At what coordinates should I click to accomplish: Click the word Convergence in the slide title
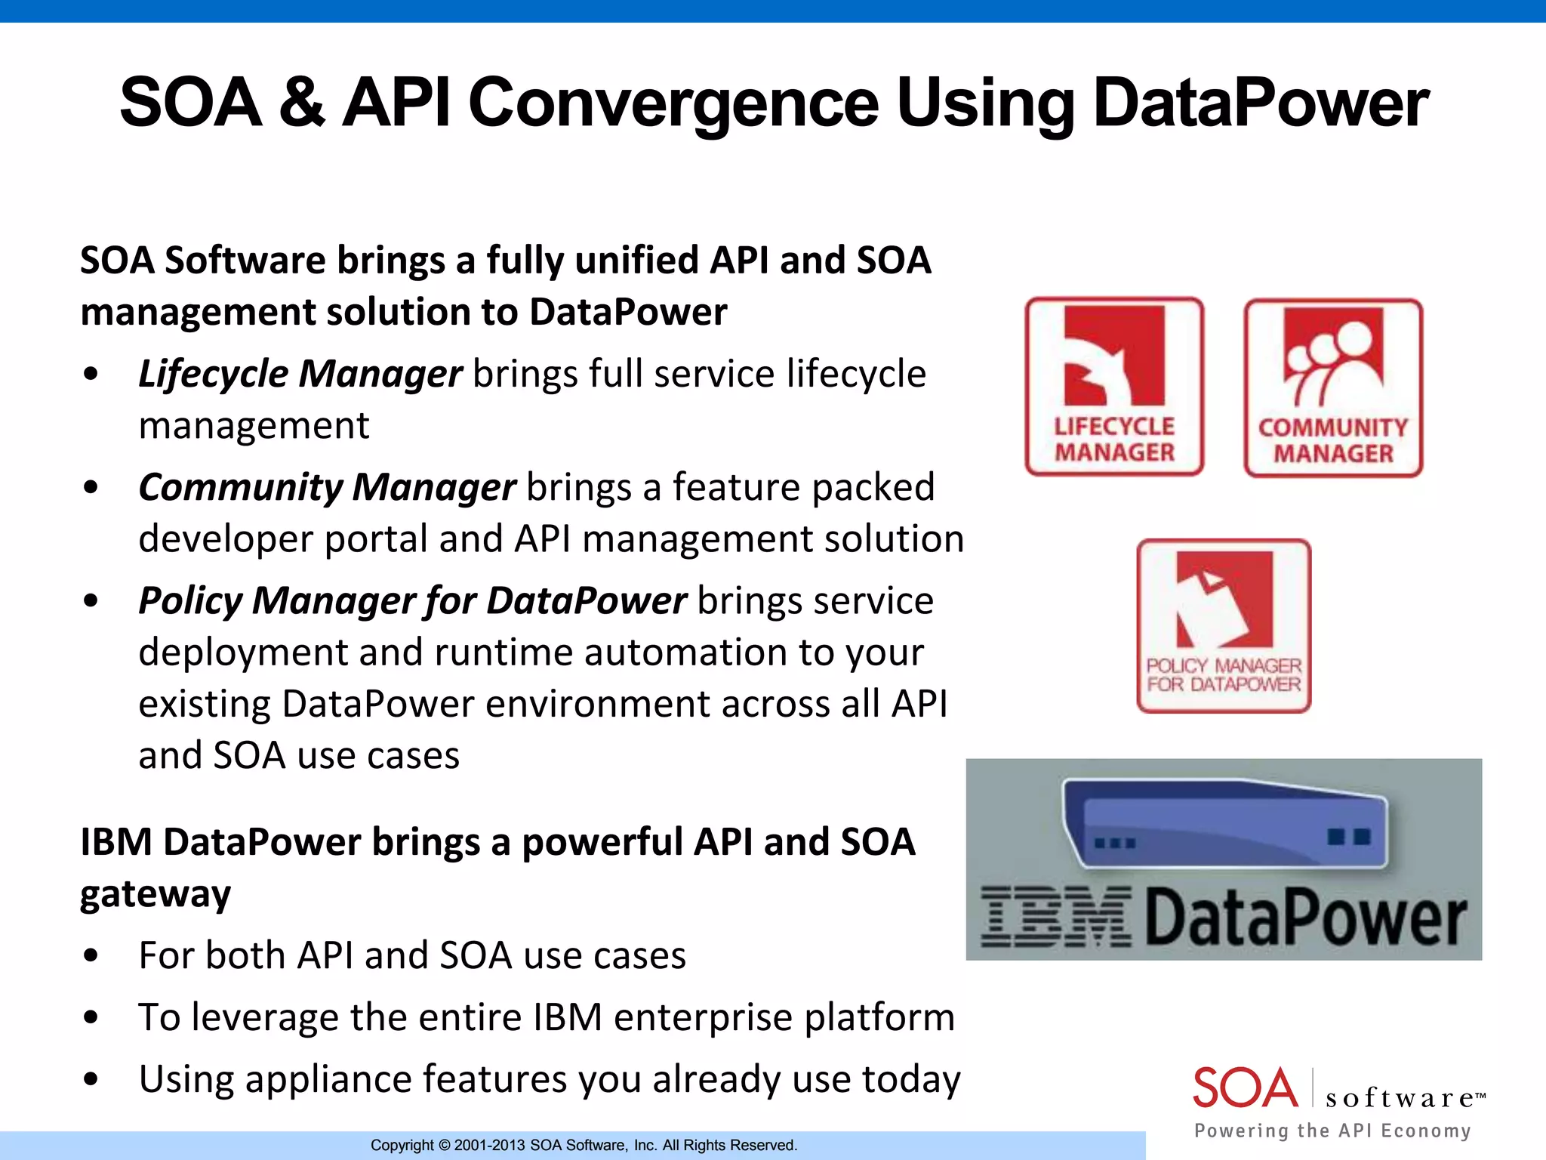(x=673, y=103)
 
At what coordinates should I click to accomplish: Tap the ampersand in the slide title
(x=301, y=103)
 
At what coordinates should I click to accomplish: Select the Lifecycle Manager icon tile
(x=1114, y=387)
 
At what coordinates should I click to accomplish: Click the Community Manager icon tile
(x=1333, y=388)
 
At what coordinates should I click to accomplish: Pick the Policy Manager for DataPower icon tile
(x=1224, y=625)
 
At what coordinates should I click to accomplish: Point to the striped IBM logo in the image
(x=1056, y=917)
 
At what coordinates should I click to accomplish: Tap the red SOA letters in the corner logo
(x=1245, y=1088)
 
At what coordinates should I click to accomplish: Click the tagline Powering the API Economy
(x=1332, y=1131)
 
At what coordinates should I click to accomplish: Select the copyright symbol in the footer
(x=444, y=1146)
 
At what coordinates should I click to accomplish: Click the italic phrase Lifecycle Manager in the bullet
(x=300, y=374)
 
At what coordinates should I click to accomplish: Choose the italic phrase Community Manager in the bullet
(x=327, y=487)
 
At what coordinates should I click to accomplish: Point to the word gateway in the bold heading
(x=156, y=895)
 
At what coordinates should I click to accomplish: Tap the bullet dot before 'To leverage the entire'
(x=91, y=1017)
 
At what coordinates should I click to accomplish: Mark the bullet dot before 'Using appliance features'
(x=91, y=1079)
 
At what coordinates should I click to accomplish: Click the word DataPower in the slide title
(x=1261, y=103)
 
